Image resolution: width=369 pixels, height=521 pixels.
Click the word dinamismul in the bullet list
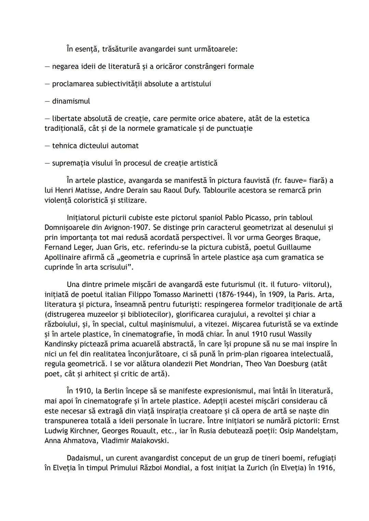(x=71, y=101)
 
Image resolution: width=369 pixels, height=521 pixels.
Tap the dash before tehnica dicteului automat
(x=47, y=146)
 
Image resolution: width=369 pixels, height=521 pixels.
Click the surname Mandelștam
(x=313, y=431)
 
